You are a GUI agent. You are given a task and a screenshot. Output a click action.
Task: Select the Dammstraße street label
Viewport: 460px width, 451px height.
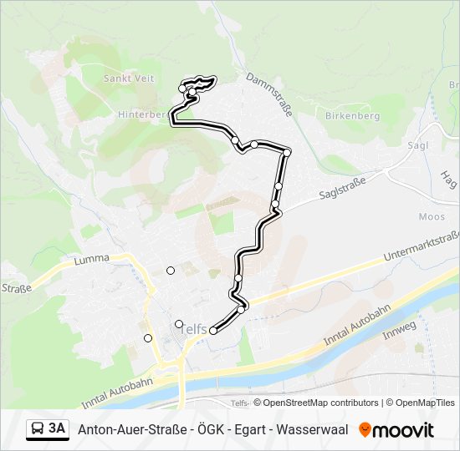click(x=268, y=94)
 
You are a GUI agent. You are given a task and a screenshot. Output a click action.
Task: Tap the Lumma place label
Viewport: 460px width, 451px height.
click(x=91, y=259)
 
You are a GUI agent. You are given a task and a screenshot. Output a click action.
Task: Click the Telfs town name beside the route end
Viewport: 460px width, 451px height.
click(x=193, y=331)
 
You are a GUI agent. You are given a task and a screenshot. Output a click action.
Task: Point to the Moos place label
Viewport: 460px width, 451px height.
click(x=432, y=216)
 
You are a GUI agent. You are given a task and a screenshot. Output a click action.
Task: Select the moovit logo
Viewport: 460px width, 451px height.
click(x=396, y=430)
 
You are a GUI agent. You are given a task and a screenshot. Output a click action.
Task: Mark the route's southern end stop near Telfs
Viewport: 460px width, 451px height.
click(x=212, y=331)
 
